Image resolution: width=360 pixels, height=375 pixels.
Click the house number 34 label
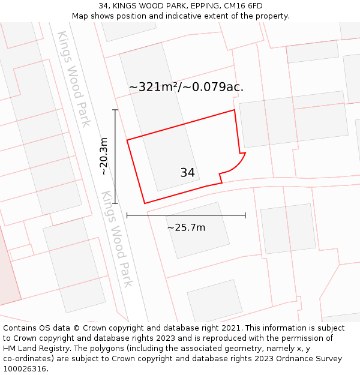point(187,173)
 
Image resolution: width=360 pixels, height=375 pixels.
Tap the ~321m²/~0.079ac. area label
point(186,87)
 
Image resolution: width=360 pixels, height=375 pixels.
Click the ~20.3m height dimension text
point(104,157)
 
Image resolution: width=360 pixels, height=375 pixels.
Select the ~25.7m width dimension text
point(186,228)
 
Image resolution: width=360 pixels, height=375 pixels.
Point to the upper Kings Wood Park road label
point(74,79)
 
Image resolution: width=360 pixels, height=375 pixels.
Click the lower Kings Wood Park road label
point(116,239)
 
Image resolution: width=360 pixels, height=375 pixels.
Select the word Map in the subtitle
point(80,16)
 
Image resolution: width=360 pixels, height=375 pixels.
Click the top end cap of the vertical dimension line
point(115,110)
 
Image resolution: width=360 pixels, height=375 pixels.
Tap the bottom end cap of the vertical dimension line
point(115,203)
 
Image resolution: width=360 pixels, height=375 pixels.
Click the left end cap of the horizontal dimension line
point(127,215)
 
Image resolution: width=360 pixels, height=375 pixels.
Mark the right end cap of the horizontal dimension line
point(245,215)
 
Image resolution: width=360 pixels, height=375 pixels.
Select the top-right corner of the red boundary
point(234,110)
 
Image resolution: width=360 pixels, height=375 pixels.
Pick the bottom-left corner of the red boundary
point(145,203)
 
